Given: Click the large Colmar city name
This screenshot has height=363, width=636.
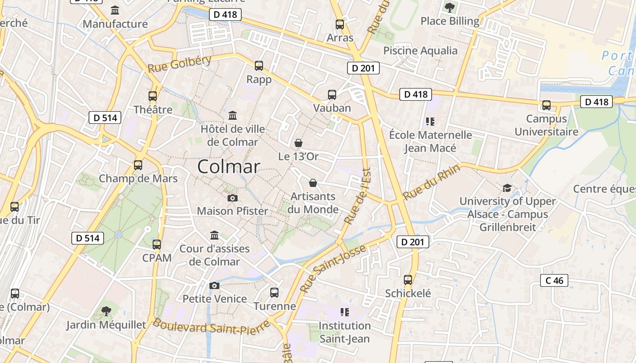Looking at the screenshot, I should [x=229, y=167].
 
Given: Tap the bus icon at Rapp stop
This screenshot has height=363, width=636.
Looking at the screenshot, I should [x=259, y=66].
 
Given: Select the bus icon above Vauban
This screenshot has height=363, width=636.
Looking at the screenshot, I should [x=332, y=94].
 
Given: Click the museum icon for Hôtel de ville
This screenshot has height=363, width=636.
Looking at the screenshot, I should [x=233, y=115].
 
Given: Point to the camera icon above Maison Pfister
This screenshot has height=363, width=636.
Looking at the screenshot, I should [x=232, y=198].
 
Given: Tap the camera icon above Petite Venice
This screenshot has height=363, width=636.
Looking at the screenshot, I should [x=214, y=285].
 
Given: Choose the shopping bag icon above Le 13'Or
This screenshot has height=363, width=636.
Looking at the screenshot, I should [x=298, y=143].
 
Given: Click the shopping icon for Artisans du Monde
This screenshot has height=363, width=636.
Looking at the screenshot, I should [x=313, y=183].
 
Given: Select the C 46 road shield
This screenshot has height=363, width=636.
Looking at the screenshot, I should [x=554, y=280].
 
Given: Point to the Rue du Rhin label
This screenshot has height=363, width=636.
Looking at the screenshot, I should [x=432, y=182].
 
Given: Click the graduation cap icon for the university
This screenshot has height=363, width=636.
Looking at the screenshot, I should [x=507, y=188].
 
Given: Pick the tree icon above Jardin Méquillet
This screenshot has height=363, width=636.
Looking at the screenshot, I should [x=106, y=311].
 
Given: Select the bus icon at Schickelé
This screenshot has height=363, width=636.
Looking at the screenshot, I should [x=408, y=280].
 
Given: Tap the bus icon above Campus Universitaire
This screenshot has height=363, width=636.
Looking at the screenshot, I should [x=546, y=105].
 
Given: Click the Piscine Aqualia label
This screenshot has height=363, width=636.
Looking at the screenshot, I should [x=420, y=50].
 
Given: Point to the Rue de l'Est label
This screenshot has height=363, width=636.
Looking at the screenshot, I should [x=358, y=196].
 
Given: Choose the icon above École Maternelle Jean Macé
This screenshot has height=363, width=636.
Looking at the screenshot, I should [x=430, y=122].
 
